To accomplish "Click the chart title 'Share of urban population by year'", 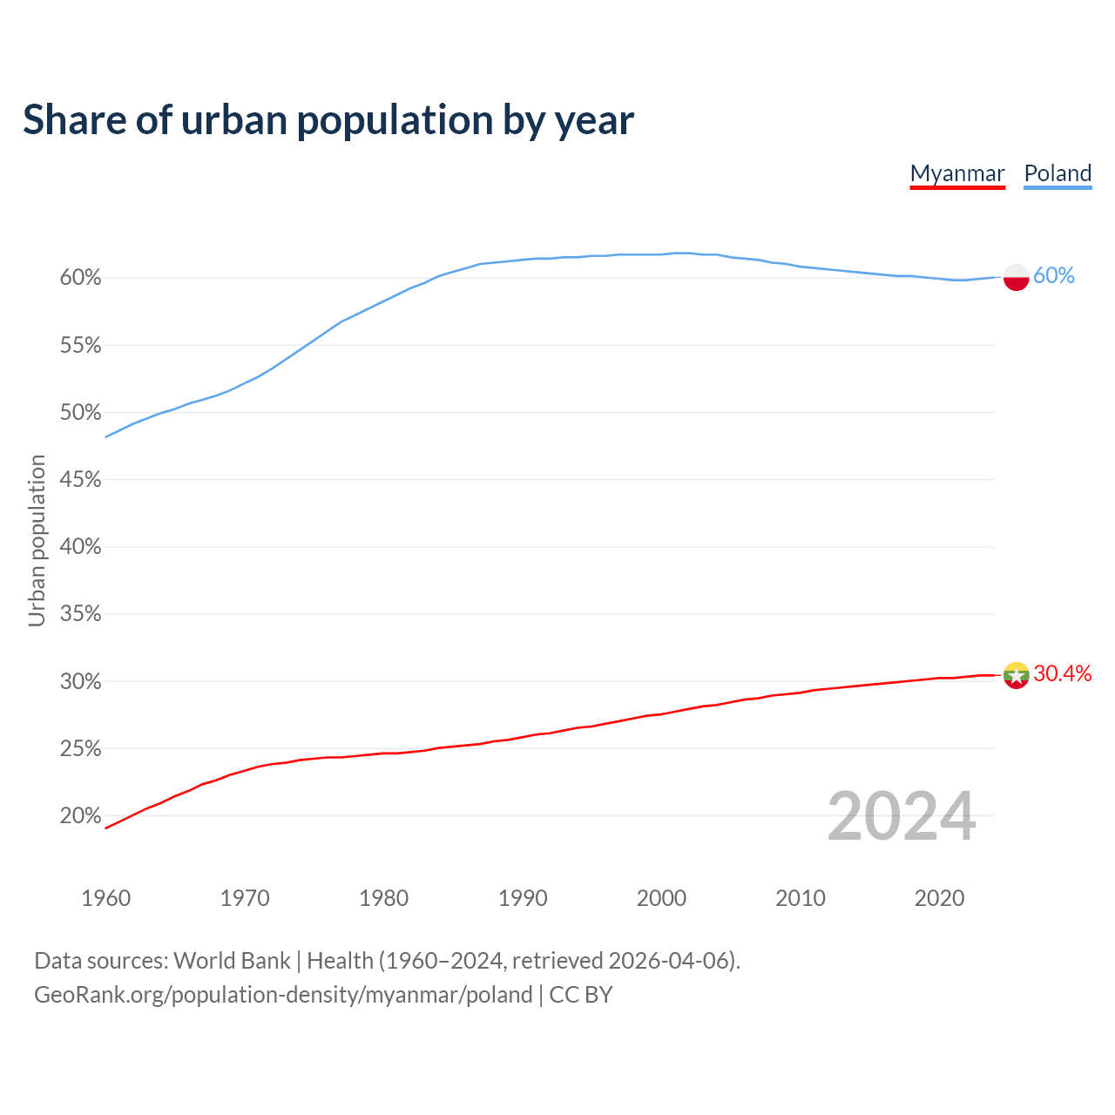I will [328, 120].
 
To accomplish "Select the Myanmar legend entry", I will [957, 173].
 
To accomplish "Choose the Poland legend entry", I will [1058, 173].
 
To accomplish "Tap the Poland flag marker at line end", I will [1017, 277].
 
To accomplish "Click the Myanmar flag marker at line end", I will [1017, 675].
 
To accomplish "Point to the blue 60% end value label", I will [1054, 276].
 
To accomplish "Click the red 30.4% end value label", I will [1062, 673].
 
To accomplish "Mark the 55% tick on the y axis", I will [81, 346].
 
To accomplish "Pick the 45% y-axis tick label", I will [81, 480].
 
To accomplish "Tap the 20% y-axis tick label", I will [81, 816].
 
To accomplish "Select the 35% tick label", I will [81, 614].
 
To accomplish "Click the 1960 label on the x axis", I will [105, 898].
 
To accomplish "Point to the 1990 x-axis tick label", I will [523, 898].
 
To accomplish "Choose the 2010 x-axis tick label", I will [801, 898].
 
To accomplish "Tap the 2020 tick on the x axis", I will [939, 898].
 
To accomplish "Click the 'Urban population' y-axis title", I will [37, 541].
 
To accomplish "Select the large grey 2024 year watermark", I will [902, 816].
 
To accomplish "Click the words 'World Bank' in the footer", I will [232, 961].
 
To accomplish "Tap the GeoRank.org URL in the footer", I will [283, 995].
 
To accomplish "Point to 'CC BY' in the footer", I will [581, 995].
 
